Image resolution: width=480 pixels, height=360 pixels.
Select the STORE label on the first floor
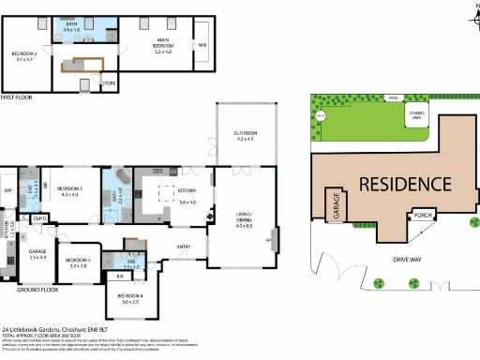pyautogui.click(x=110, y=83)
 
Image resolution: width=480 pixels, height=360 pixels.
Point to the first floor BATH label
pyautogui.click(x=70, y=27)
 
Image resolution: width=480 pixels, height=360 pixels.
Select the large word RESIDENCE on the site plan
pyautogui.click(x=392, y=183)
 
